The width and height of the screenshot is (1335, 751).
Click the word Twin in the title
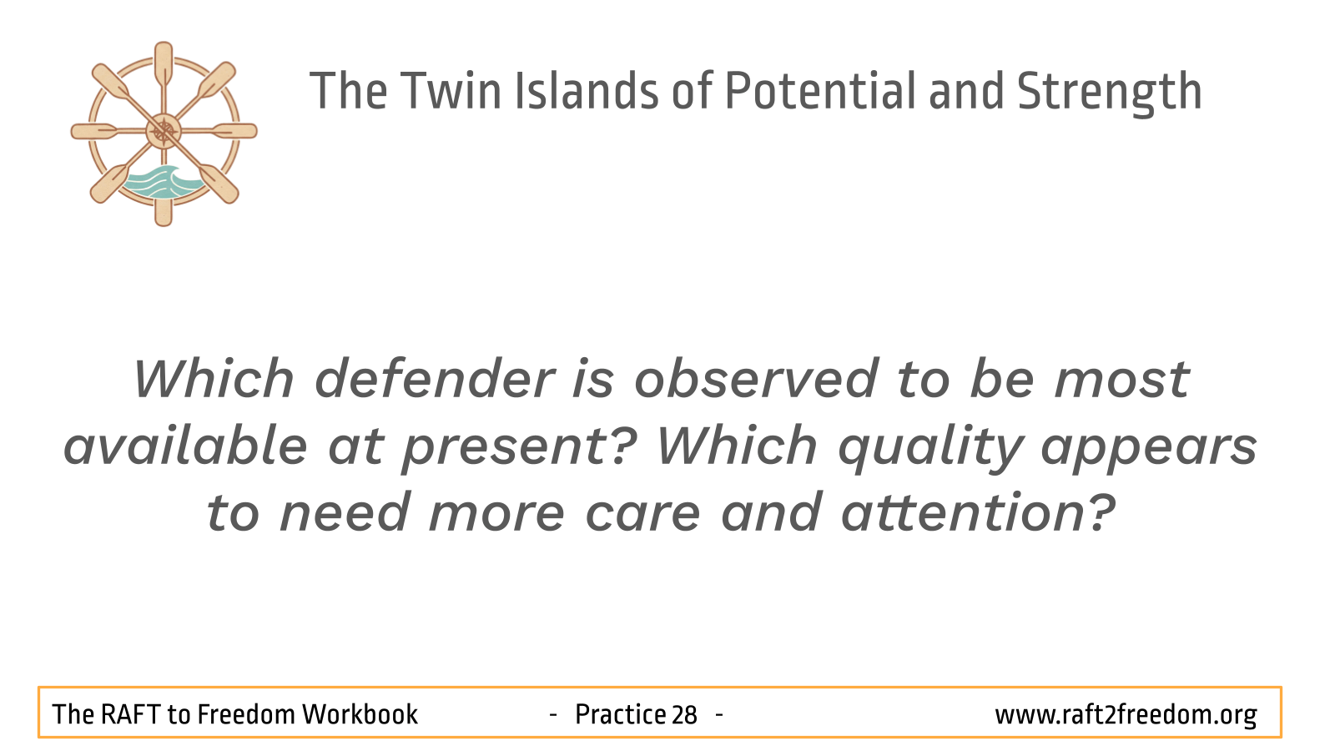point(451,91)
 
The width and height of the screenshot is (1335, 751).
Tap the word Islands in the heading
point(586,91)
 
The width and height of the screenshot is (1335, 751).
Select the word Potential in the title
point(820,91)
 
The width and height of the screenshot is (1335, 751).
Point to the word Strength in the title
point(1109,93)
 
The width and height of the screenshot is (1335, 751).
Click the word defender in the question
point(435,379)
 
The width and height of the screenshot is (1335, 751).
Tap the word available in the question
point(185,446)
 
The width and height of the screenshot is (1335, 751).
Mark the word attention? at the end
point(978,512)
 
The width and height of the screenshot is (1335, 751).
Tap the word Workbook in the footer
point(360,714)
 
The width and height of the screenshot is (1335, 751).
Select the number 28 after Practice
point(684,715)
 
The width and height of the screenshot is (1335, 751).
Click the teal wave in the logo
point(162,183)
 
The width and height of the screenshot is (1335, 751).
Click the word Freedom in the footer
point(246,714)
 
